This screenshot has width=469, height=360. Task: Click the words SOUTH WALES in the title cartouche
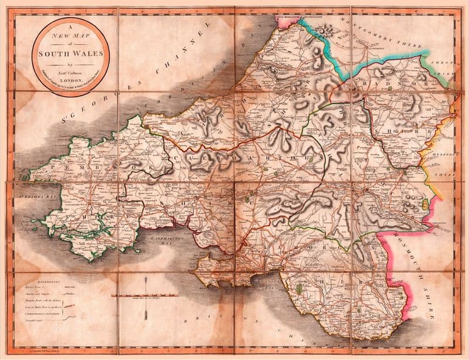coord(70,53)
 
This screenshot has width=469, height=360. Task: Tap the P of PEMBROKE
coord(54,167)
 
